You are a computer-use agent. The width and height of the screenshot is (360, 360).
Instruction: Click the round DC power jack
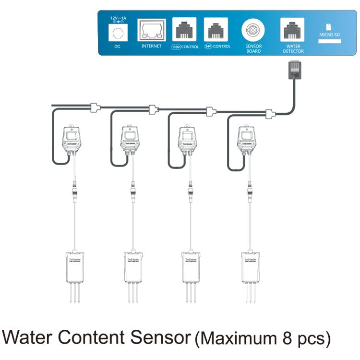[x=118, y=32]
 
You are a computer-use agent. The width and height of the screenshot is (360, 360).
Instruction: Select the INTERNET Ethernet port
[x=152, y=31]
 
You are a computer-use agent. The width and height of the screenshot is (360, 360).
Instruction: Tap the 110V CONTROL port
[x=185, y=31]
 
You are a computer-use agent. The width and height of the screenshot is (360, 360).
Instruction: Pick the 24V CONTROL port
[x=216, y=31]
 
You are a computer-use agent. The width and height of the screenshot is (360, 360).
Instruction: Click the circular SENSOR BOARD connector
[x=253, y=32]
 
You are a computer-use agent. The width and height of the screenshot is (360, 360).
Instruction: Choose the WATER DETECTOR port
[x=293, y=31]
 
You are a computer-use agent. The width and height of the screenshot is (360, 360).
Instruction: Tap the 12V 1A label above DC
[x=118, y=18]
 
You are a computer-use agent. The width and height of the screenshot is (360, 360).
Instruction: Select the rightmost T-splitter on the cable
[x=270, y=114]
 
